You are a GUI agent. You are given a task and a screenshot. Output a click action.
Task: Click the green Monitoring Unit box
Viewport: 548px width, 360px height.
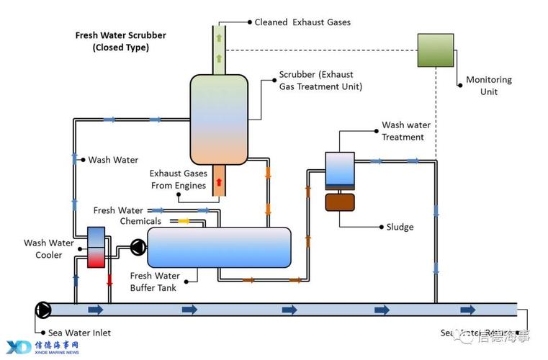coord(437,50)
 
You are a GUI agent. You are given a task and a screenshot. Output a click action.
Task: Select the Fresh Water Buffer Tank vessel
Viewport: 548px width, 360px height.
coord(219,248)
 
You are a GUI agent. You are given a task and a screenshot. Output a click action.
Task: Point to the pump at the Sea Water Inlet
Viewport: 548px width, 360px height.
coord(42,310)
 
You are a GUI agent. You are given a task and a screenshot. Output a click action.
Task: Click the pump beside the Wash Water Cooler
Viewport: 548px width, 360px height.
coord(137,248)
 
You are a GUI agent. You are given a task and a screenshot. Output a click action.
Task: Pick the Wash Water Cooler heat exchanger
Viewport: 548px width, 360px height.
coord(96,247)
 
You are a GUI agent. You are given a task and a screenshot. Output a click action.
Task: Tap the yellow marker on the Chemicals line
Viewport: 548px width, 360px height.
coord(183,221)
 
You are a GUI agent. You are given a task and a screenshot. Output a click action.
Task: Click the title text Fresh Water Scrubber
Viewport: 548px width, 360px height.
coord(120,35)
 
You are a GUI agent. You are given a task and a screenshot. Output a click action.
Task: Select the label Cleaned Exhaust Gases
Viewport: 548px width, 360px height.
coord(302,22)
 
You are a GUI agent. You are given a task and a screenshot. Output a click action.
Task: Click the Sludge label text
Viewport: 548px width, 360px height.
coord(400,227)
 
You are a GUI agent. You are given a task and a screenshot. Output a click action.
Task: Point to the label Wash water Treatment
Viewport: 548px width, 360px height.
coord(403,131)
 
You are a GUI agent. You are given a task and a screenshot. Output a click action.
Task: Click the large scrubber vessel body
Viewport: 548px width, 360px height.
coord(219,118)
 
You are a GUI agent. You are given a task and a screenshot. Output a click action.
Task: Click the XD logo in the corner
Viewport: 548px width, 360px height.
coord(19,346)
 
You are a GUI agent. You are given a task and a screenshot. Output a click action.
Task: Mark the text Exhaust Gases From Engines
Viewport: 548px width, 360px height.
coord(179,179)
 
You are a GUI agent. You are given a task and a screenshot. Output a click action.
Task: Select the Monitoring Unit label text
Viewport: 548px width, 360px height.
coord(489,86)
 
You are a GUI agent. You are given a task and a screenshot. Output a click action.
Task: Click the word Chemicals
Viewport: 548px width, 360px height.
coord(140,221)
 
